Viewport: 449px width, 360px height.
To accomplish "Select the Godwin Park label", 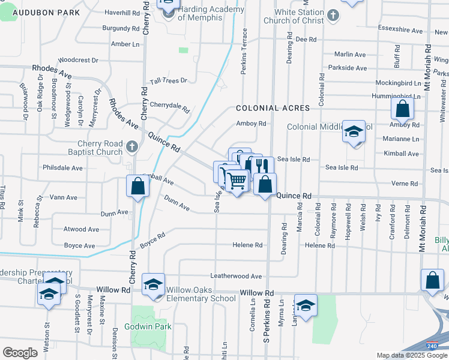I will coord(148,326).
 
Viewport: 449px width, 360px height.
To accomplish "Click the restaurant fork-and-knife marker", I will coord(259,166).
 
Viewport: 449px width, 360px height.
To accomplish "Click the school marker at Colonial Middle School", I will coord(354,131).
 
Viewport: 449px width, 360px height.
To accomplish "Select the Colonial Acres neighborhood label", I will coord(273,108).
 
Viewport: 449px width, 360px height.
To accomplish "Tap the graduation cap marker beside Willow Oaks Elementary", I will coord(153,284).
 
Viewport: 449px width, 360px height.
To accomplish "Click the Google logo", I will coord(20,353).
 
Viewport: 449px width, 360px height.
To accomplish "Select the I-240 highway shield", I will coord(432,347).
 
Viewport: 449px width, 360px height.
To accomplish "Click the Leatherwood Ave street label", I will coord(236,276).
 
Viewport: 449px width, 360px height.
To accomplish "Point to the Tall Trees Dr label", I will coord(169,80).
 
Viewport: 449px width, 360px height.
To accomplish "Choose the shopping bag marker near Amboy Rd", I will coord(402,109).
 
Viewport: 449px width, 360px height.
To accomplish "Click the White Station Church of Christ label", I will coord(299,16).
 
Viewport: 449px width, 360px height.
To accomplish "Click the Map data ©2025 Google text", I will coord(412,355).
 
